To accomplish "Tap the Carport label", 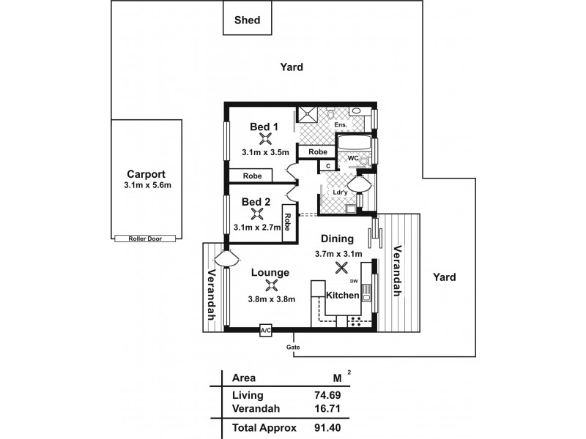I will pyautogui.click(x=146, y=175).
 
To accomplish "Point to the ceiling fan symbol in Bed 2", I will pyautogui.click(x=257, y=214).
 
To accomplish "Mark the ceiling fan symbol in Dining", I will pyautogui.click(x=341, y=268).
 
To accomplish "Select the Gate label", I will pyautogui.click(x=293, y=347).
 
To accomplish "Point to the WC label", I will pyautogui.click(x=352, y=158).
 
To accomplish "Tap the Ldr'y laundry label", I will pyautogui.click(x=340, y=193).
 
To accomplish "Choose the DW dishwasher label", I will pyautogui.click(x=353, y=281).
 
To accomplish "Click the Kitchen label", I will pyautogui.click(x=342, y=296).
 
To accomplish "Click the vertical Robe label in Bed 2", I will pyautogui.click(x=289, y=222).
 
